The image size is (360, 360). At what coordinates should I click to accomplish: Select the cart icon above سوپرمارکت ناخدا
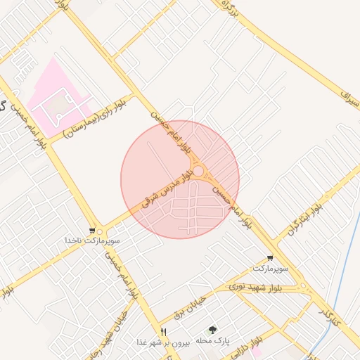coord(92,231)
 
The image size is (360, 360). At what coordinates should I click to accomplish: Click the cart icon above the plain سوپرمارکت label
coord(270,258)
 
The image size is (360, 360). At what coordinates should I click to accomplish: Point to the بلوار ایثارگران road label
coord(304,219)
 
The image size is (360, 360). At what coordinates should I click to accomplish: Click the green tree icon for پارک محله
coord(212,330)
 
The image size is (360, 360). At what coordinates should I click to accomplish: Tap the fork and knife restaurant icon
coord(164,332)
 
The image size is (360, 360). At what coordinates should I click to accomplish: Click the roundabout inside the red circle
coord(199,172)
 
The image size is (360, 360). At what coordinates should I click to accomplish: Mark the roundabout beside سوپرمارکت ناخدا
coord(100,231)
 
